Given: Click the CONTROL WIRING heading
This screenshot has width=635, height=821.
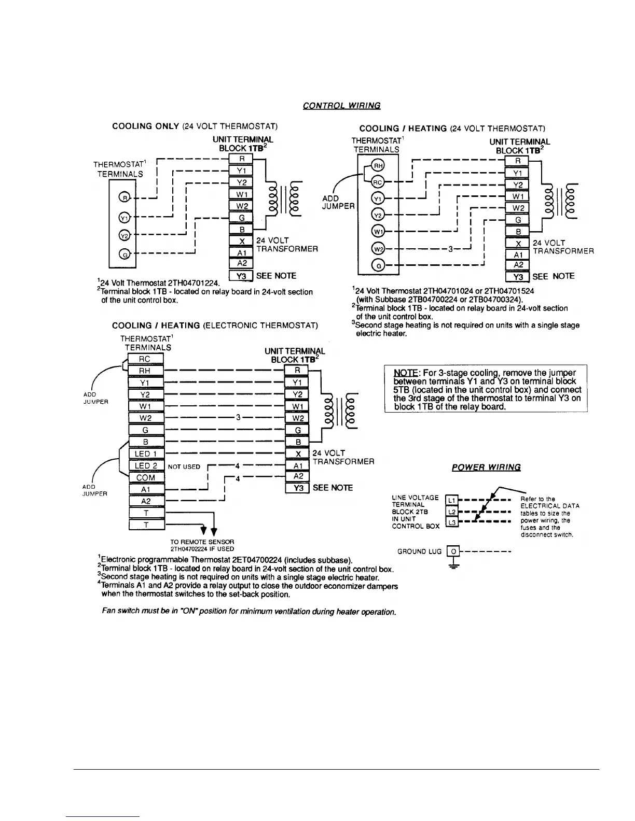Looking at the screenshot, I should (341, 106).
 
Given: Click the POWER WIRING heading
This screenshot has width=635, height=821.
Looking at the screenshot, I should (486, 467).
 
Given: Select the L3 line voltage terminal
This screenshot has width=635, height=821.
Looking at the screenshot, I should (451, 523).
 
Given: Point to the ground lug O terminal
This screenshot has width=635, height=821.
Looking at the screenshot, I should (453, 551).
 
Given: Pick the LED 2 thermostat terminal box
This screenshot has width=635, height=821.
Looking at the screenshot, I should (146, 466).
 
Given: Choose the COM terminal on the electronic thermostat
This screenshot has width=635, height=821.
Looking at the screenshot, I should (146, 477).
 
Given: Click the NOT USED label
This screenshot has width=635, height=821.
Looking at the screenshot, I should (184, 466).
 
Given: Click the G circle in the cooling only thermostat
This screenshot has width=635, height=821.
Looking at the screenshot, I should (123, 254).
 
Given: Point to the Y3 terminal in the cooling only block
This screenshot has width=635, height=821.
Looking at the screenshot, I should (241, 276).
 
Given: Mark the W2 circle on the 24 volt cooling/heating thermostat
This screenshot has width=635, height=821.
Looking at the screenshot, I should (377, 249).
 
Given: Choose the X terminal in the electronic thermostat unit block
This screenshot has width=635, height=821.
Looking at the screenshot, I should (297, 454).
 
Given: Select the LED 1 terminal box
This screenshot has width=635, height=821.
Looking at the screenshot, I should (146, 454).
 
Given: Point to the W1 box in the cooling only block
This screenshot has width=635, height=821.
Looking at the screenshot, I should (241, 194).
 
